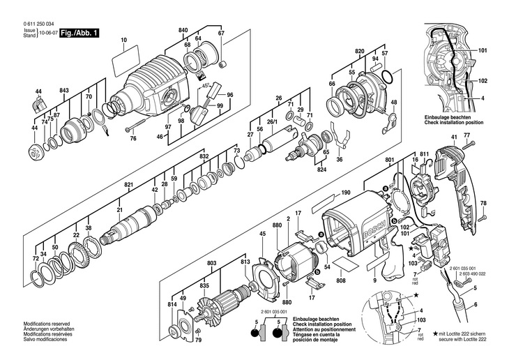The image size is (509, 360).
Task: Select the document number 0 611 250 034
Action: coord(29,24)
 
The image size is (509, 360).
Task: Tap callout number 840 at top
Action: coord(183,30)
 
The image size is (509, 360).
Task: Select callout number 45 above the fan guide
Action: coord(262,234)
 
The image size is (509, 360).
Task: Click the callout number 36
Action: coord(340,160)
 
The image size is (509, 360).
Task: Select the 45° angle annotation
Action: coord(206,87)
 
